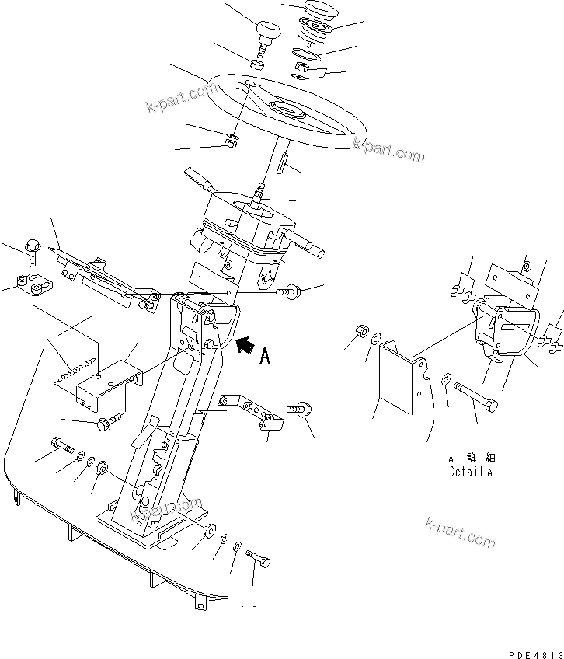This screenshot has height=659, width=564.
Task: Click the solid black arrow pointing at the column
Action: point(244,344)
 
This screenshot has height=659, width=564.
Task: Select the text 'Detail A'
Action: point(471,472)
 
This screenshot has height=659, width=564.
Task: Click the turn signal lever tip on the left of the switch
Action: point(194,175)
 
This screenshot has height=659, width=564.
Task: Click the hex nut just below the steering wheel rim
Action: point(230,142)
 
